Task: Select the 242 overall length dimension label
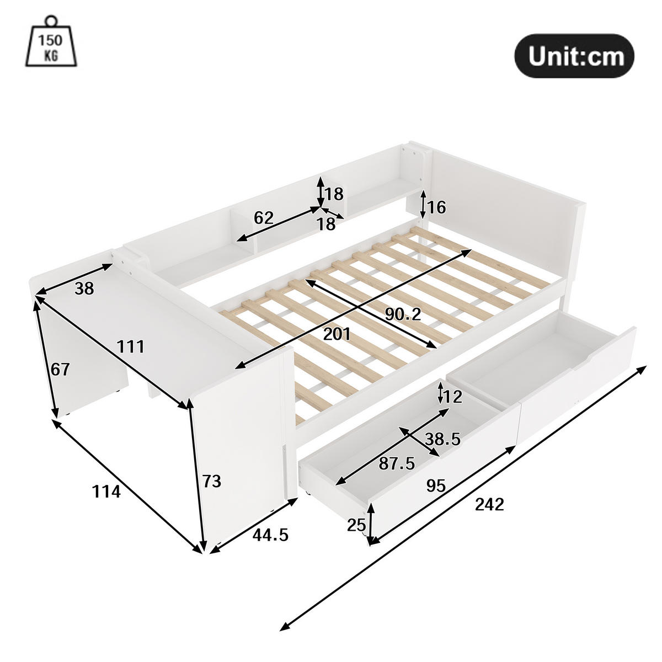[x=489, y=504]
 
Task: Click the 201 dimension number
[x=336, y=334]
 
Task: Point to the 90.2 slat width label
[x=403, y=314]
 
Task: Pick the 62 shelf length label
[x=264, y=218]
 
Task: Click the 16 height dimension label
[x=436, y=207]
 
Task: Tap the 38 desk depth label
[x=84, y=287]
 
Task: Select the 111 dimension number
[x=131, y=346]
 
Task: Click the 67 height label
[x=60, y=369]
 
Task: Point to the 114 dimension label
[x=105, y=490]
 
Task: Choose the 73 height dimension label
[x=211, y=482]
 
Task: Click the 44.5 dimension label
[x=270, y=535]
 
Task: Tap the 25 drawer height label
[x=357, y=525]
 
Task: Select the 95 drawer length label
[x=436, y=485]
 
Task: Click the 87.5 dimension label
[x=397, y=463]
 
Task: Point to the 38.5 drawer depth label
[x=443, y=439]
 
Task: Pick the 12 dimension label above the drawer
[x=453, y=397]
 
